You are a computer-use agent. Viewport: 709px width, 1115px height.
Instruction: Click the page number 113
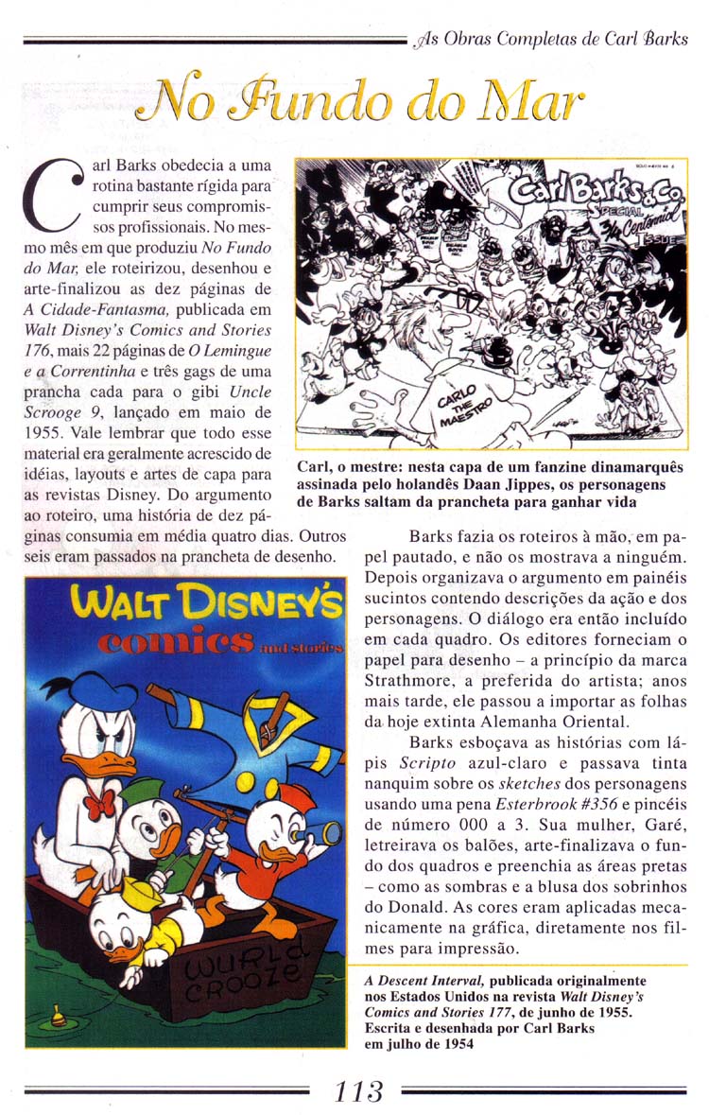(x=358, y=1090)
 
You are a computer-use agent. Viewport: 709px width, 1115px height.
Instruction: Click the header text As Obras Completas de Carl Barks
(x=552, y=41)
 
